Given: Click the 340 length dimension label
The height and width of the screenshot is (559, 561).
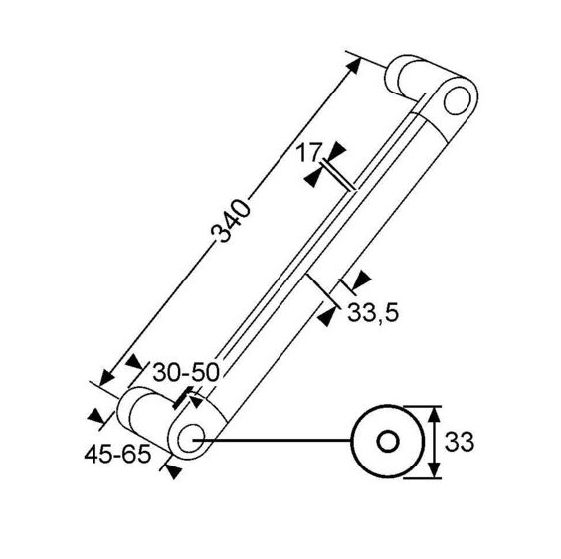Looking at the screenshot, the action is (230, 221).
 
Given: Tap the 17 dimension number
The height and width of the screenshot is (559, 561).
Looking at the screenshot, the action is (307, 153).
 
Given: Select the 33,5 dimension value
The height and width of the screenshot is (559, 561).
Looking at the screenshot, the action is (373, 312).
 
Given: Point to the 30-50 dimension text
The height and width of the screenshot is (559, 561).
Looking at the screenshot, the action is (186, 372).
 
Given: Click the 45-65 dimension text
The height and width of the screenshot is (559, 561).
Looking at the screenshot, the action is (117, 455).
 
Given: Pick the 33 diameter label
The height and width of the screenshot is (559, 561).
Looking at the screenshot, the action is (460, 442).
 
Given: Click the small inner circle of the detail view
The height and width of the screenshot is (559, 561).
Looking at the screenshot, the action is (388, 441).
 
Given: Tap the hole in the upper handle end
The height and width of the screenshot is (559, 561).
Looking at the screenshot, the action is (457, 99).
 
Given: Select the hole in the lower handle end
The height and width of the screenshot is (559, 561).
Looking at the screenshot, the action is (191, 438).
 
